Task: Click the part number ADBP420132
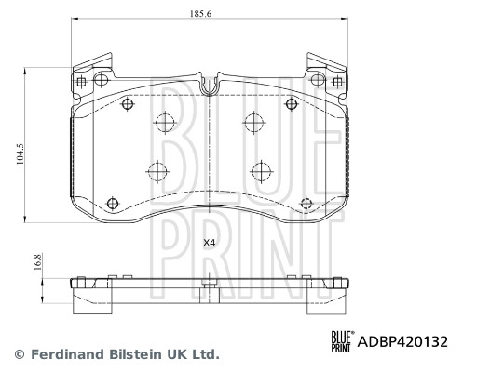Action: pyautogui.click(x=403, y=341)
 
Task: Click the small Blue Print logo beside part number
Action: pyautogui.click(x=341, y=341)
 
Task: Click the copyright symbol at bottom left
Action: pyautogui.click(x=18, y=354)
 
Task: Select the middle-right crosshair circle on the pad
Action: pyautogui.click(x=261, y=170)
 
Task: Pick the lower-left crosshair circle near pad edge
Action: pyautogui.click(x=113, y=203)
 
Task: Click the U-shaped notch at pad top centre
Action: pyautogui.click(x=210, y=86)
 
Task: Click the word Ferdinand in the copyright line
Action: pyautogui.click(x=63, y=354)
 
